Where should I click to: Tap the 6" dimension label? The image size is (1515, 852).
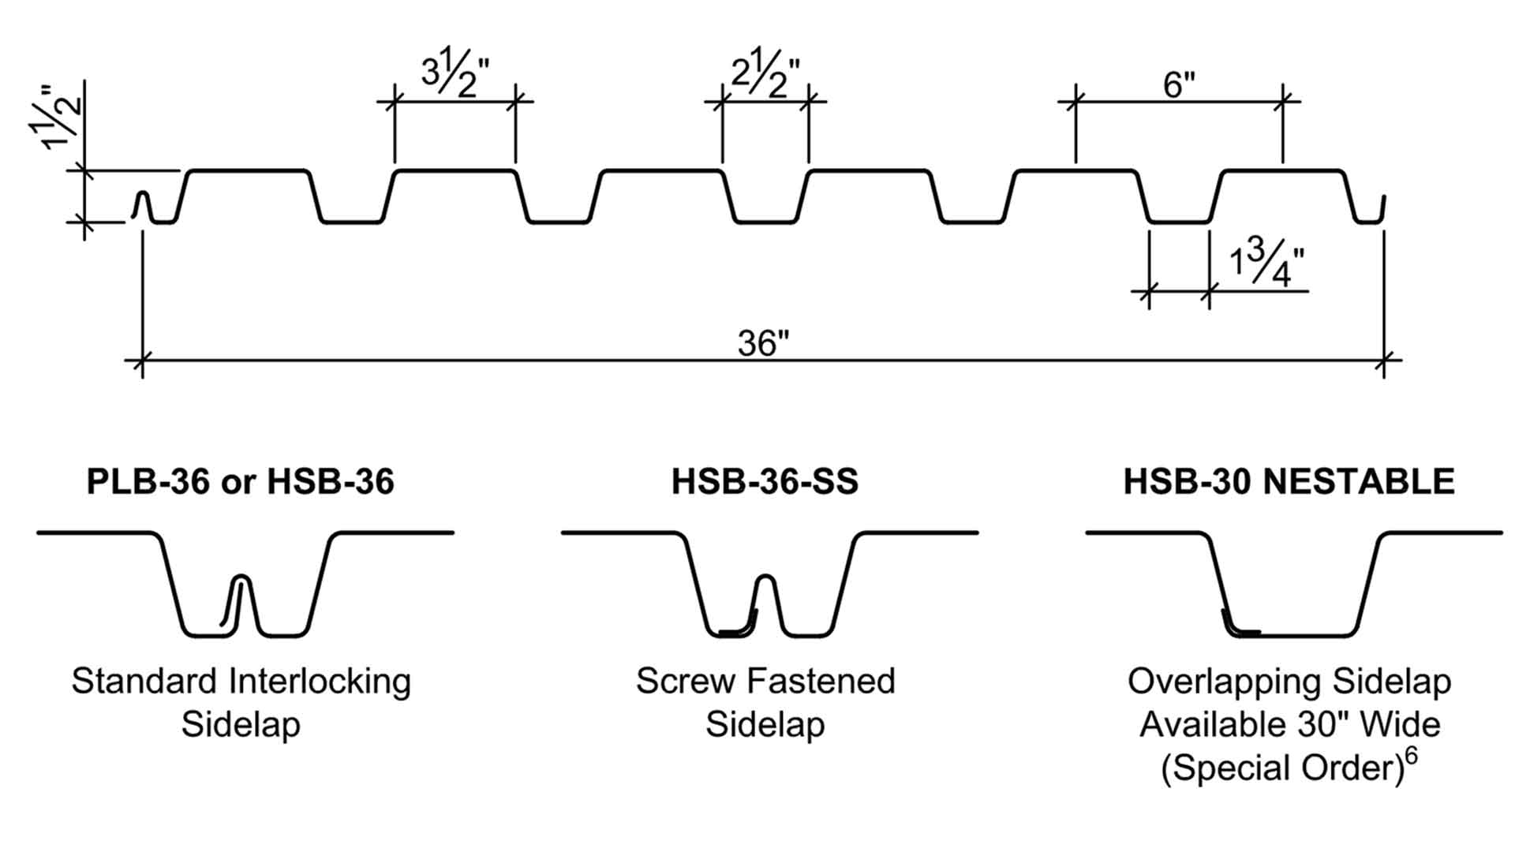click(1179, 84)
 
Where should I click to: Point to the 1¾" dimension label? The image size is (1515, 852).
click(1266, 265)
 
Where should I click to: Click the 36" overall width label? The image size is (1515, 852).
click(763, 343)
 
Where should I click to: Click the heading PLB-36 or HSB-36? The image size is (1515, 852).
click(240, 482)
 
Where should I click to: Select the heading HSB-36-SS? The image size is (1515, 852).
click(765, 482)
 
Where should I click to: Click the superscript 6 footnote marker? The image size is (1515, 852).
click(1411, 756)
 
